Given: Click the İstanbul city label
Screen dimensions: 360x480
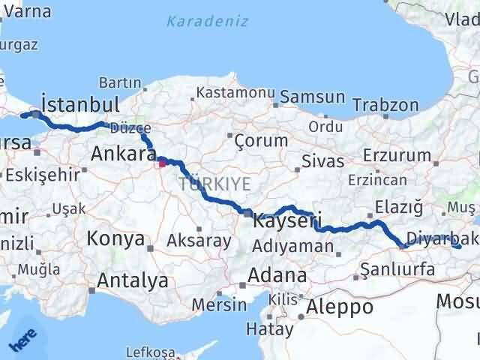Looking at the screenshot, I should (x=81, y=103).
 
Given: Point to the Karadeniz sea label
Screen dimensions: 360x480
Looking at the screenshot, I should (x=207, y=21).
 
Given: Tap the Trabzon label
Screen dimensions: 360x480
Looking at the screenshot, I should (x=385, y=104).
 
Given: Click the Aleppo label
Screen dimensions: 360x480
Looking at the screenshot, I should (x=340, y=306).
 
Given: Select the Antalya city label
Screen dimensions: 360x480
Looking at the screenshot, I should (x=128, y=281).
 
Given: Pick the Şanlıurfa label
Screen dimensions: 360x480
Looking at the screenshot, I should (x=397, y=268).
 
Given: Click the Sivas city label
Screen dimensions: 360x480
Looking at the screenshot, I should (x=322, y=160).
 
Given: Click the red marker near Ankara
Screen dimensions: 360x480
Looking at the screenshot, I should (x=162, y=160).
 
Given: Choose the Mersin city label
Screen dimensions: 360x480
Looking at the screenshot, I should (x=219, y=304).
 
